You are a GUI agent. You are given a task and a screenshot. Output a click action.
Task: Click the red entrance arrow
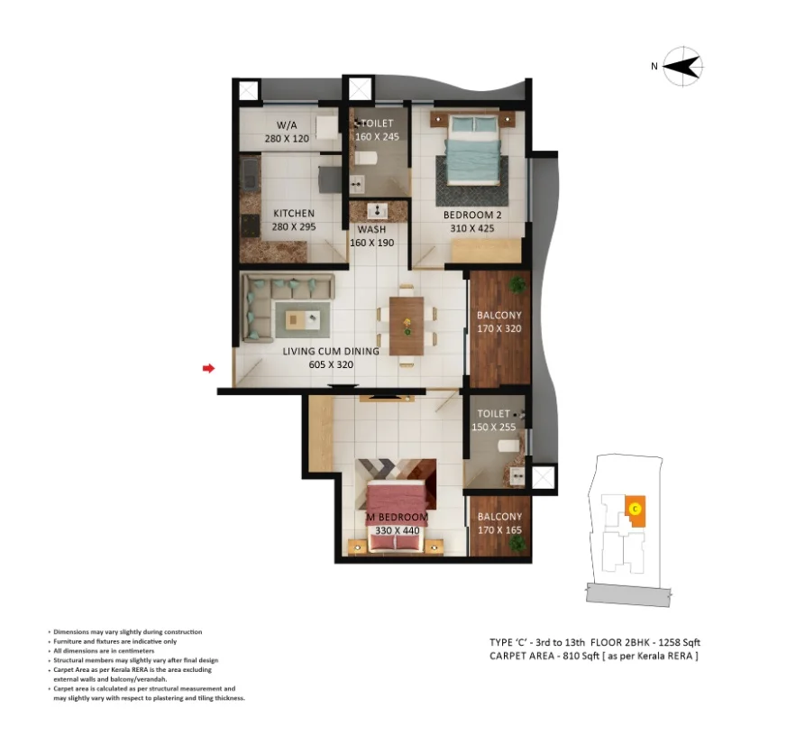tap(208, 368)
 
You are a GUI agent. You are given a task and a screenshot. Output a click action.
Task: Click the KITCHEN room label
tap(294, 213)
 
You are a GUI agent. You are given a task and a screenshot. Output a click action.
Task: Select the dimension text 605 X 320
tap(331, 364)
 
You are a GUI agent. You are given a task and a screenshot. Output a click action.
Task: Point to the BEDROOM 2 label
tap(472, 216)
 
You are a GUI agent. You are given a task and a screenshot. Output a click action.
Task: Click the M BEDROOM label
tap(397, 517)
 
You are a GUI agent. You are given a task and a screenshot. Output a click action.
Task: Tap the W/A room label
tap(287, 125)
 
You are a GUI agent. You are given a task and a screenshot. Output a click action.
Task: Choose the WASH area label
tap(371, 230)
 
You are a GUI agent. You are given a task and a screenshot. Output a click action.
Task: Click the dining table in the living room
tap(407, 326)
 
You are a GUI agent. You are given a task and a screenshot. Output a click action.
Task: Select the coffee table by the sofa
tap(302, 320)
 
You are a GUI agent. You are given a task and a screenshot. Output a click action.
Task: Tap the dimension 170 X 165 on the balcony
tap(499, 530)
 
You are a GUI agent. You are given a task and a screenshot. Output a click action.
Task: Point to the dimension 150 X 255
tap(493, 427)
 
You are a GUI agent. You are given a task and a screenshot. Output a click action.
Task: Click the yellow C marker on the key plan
tap(636, 509)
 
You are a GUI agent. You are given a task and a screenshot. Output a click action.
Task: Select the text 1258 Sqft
tap(679, 642)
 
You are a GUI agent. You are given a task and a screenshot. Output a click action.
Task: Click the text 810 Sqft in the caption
tap(581, 656)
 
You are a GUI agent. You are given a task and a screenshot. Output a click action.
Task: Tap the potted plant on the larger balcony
tap(517, 283)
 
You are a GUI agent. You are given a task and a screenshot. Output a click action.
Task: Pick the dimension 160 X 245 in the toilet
tap(377, 136)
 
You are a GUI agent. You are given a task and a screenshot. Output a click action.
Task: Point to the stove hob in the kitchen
tap(250, 225)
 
